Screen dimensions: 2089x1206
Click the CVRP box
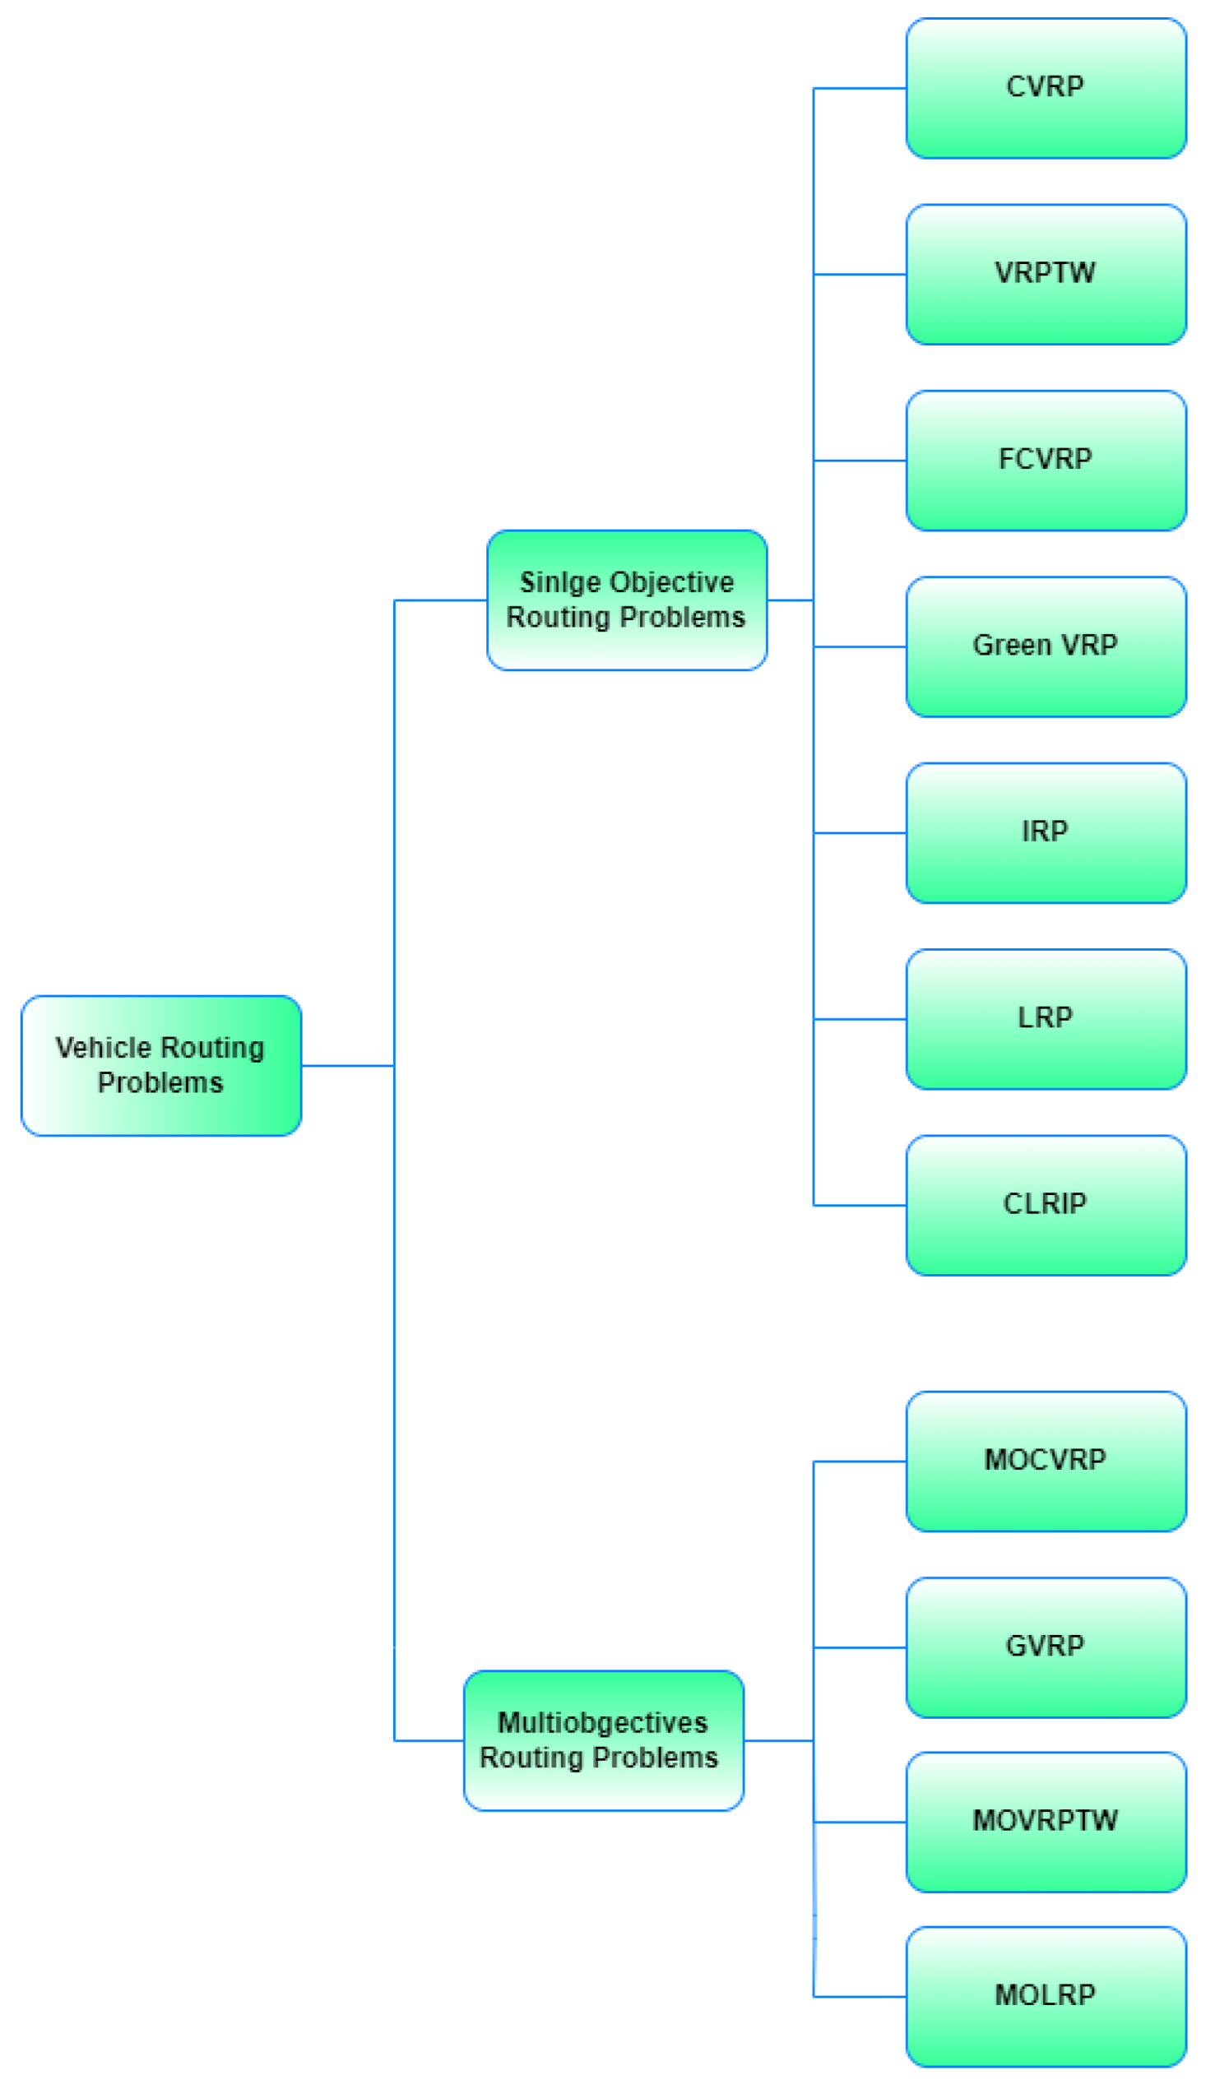tap(1046, 88)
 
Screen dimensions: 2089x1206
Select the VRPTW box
tap(1046, 274)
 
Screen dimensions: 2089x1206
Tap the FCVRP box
tap(1046, 461)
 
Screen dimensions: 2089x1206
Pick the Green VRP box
tap(1046, 646)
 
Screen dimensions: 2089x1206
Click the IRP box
tap(1046, 833)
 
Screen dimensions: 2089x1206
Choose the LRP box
tap(1046, 1018)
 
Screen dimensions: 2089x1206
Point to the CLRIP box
tap(1046, 1205)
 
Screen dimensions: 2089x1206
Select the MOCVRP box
tap(1046, 1461)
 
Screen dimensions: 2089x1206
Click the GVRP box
tap(1046, 1647)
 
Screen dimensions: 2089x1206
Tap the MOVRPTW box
tap(1046, 1822)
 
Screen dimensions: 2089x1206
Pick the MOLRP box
tap(1046, 1996)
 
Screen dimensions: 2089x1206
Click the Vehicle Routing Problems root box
tap(160, 1065)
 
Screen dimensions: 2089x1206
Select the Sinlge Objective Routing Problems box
tap(626, 600)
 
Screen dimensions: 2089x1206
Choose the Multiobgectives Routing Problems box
tap(603, 1740)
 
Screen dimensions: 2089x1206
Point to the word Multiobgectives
tap(602, 1723)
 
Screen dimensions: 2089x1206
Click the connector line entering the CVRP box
tap(860, 88)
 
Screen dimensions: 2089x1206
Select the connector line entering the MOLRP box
tap(860, 1996)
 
